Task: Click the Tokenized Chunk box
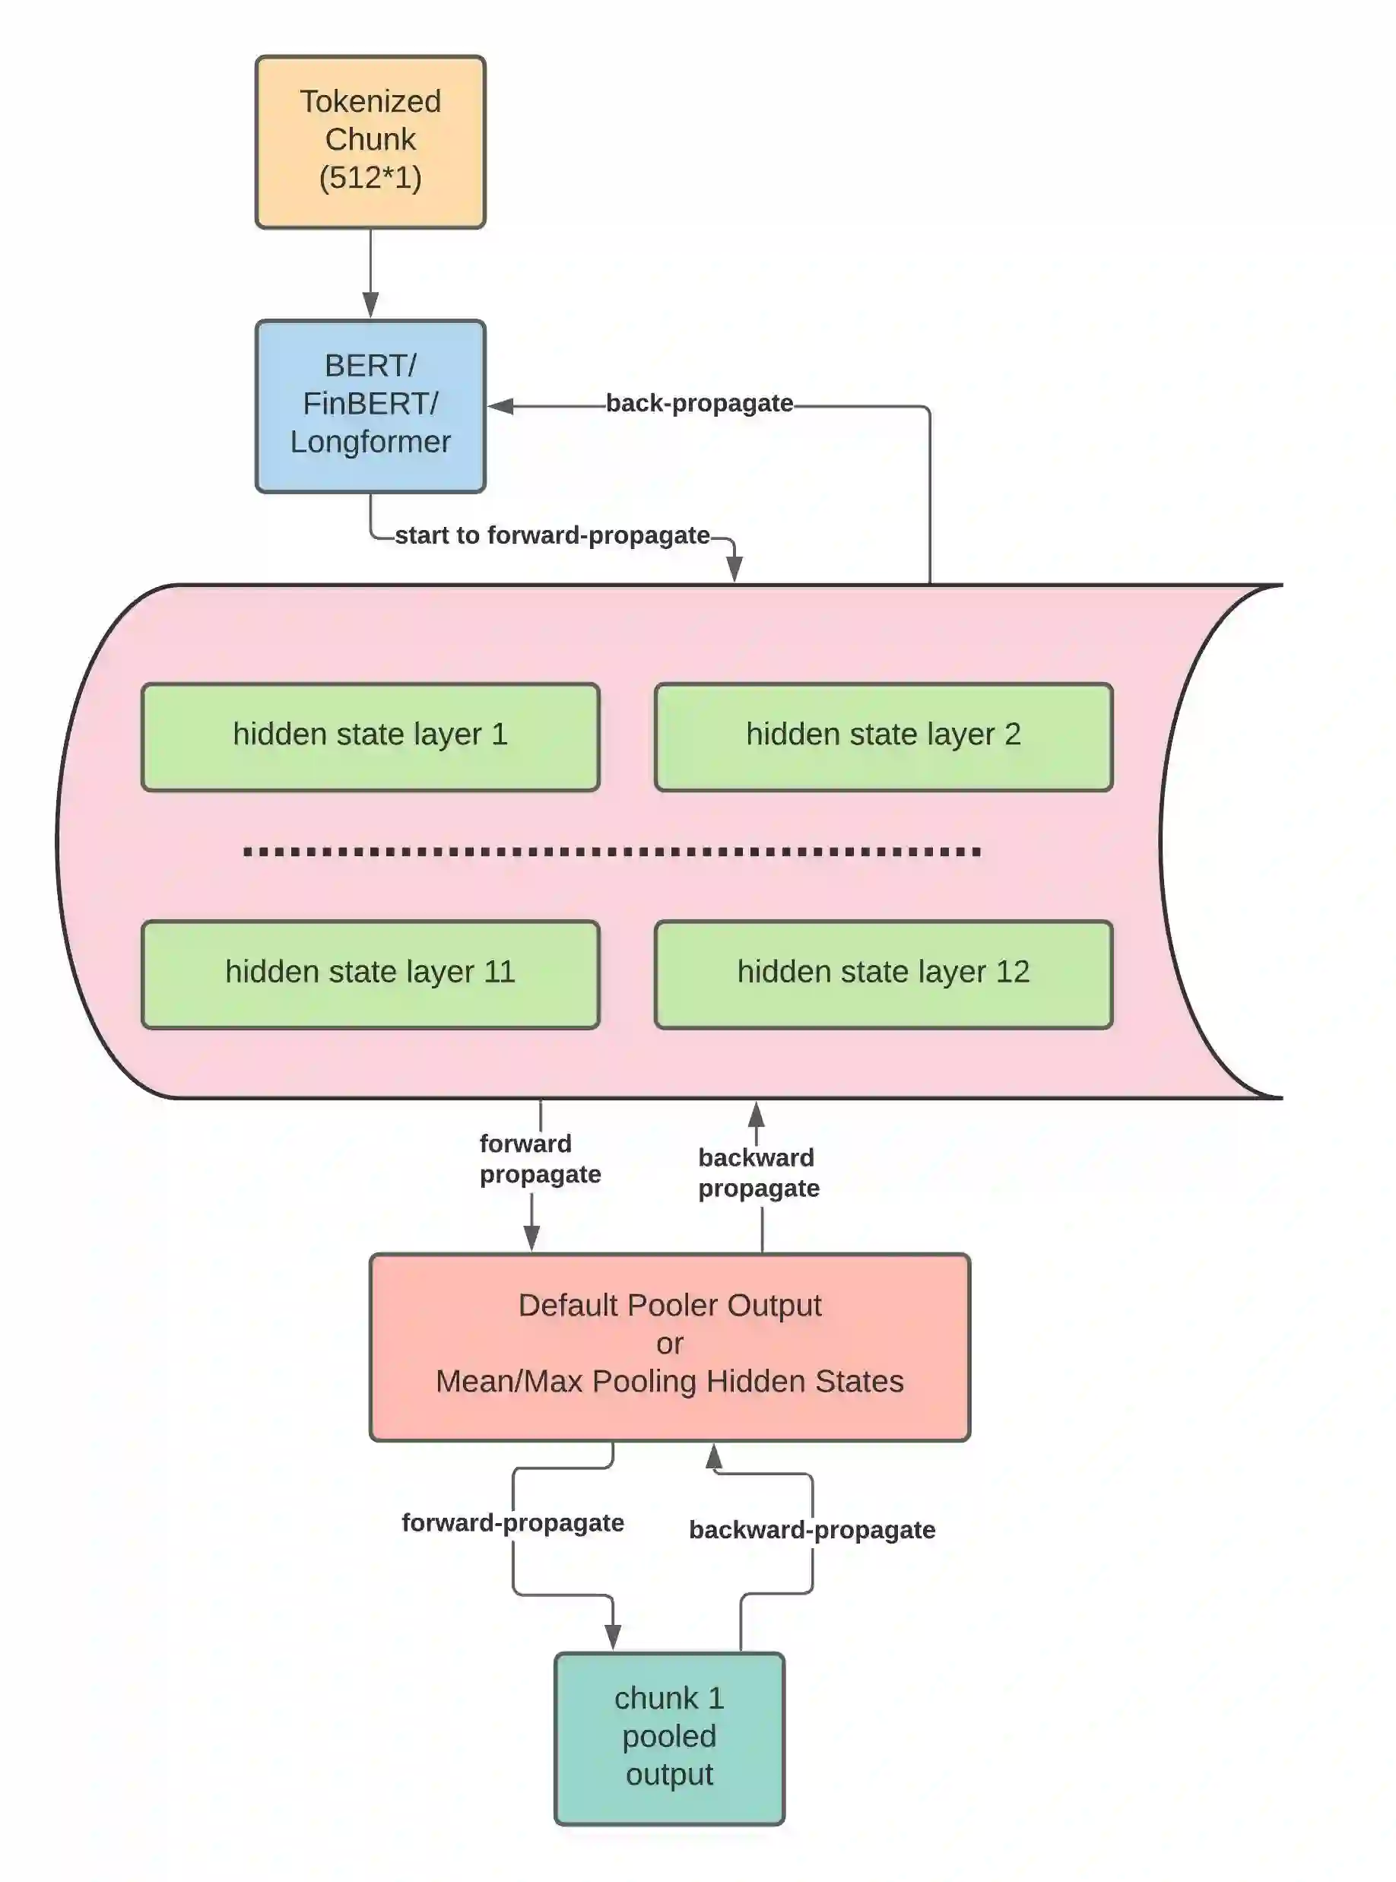click(370, 141)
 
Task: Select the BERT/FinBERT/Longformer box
click(370, 405)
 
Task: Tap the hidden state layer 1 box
click(370, 736)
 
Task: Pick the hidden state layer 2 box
click(883, 736)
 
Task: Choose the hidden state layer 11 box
click(370, 973)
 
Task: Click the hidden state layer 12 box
click(883, 973)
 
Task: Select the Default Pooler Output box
click(669, 1346)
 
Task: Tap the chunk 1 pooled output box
click(669, 1738)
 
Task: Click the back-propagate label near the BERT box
click(699, 403)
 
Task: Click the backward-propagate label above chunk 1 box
click(811, 1530)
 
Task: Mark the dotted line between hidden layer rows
click(612, 852)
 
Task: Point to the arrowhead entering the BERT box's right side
click(500, 407)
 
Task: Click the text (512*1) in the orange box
click(370, 177)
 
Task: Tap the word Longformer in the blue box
click(370, 442)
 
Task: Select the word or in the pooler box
click(669, 1344)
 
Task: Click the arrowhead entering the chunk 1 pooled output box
click(613, 1637)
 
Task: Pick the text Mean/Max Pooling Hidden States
click(669, 1382)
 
